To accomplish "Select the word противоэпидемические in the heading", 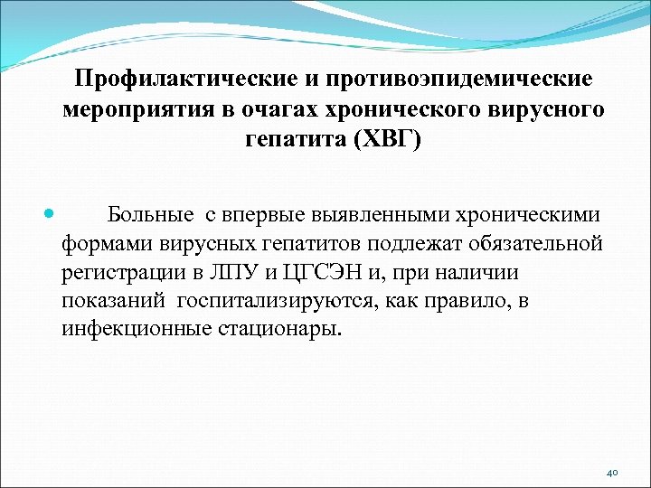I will [462, 80].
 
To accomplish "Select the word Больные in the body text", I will [150, 216].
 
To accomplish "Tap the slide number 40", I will [612, 472].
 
